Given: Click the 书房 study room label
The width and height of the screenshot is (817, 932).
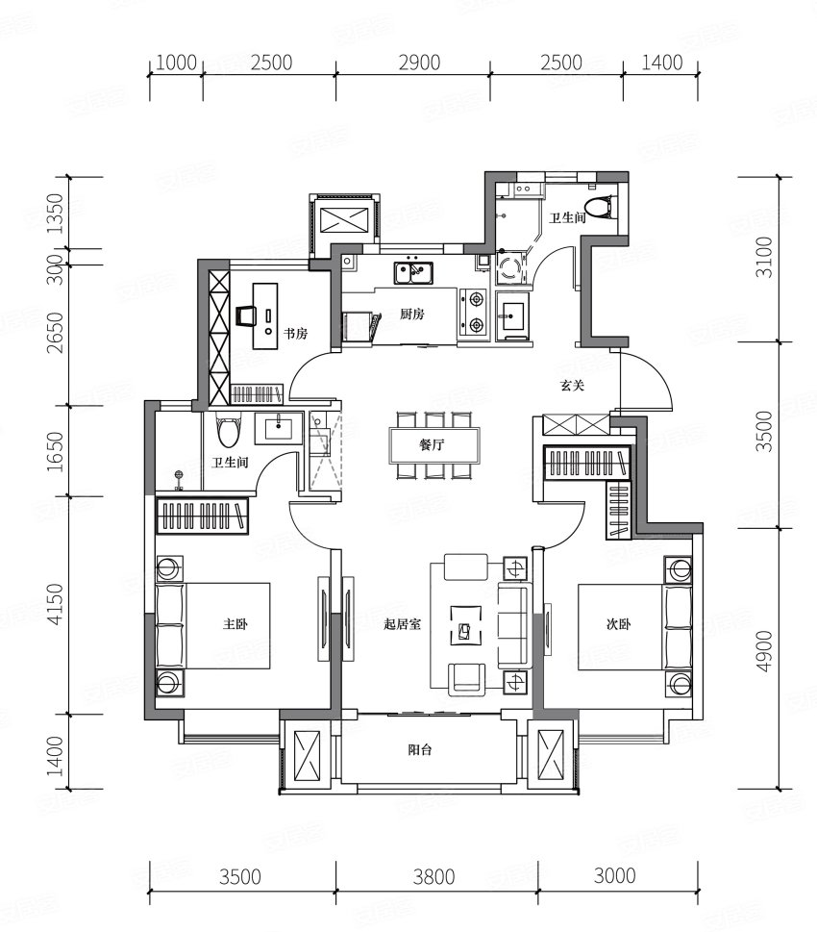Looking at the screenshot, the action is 295,334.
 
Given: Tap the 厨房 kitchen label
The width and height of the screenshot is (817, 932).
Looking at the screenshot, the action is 411,314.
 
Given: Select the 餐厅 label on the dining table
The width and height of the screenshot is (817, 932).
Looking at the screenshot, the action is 432,444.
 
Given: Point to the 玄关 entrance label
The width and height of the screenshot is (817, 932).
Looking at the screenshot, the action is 573,385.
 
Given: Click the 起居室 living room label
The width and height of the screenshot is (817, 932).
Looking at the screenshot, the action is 403,624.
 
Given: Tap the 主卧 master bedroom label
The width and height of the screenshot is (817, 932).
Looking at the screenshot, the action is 235,624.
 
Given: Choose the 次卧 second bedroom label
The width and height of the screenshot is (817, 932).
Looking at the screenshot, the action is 618,624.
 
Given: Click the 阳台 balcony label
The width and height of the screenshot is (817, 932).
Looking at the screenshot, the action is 419,750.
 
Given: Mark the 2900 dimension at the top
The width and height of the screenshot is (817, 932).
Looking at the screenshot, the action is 419,63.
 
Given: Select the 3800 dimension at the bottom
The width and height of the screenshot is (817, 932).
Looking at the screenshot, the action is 434,877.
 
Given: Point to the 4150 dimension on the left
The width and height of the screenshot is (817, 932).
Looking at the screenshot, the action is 55,604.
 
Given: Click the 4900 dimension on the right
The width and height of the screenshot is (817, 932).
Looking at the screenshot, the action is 766,651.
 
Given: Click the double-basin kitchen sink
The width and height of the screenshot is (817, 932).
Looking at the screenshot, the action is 413,273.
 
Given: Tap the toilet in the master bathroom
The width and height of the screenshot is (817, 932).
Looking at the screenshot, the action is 229,429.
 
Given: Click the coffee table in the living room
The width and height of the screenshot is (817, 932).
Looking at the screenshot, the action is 466,625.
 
